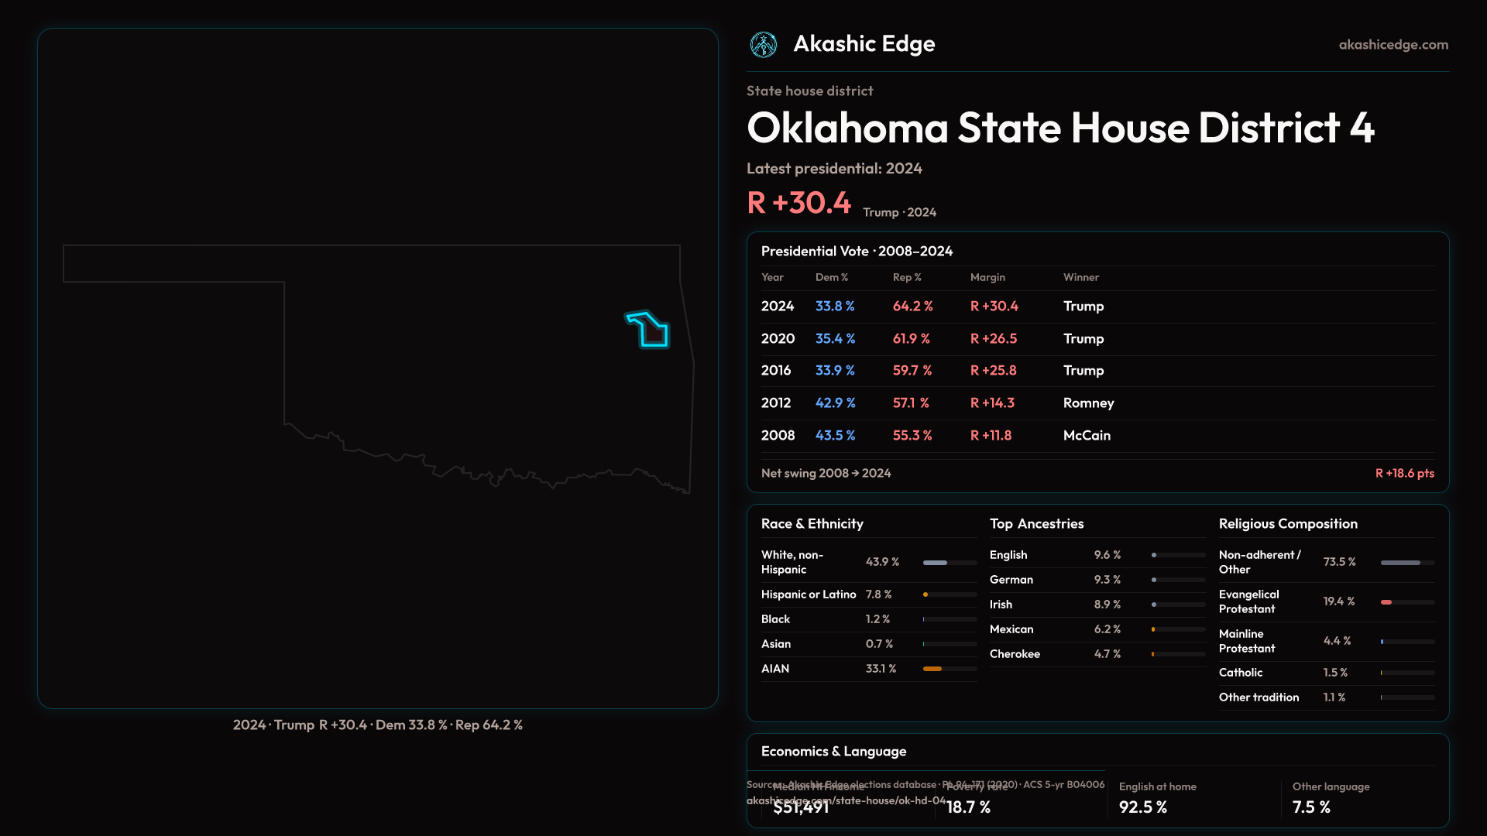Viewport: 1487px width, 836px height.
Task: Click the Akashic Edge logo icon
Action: coord(764,45)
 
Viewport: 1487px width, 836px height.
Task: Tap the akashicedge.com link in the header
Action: coord(1393,45)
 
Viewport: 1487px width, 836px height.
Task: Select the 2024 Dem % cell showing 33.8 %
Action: coord(835,307)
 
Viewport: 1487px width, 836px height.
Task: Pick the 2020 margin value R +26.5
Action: coord(994,339)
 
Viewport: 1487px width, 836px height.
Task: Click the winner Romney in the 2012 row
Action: coord(1088,403)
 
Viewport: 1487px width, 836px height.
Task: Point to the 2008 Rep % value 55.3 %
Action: coord(912,436)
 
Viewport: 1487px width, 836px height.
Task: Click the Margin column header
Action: coord(987,277)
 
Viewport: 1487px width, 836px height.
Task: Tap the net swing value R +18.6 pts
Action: coord(1404,473)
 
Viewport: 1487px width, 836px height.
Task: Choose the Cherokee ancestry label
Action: coord(1015,654)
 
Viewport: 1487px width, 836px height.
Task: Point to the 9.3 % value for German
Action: coord(1108,580)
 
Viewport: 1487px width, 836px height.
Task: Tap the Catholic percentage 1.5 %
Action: coord(1335,673)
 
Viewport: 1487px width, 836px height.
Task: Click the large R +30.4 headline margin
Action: coord(798,203)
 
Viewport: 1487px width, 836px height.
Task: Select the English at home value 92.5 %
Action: coord(1142,807)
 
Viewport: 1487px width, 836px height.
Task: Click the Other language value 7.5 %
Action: coord(1311,807)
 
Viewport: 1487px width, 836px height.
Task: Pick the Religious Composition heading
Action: coord(1288,524)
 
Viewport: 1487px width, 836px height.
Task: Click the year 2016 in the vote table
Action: coord(776,371)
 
